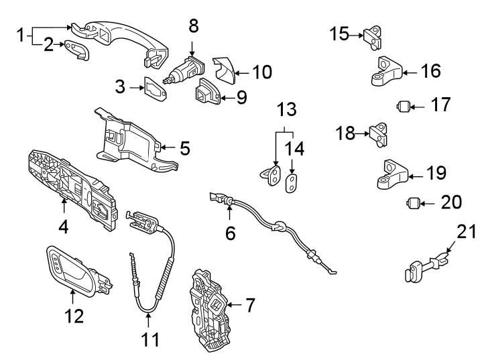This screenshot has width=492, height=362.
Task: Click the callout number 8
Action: tap(193, 27)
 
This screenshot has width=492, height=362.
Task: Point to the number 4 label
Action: tap(63, 227)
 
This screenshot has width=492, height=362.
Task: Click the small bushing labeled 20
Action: tap(413, 202)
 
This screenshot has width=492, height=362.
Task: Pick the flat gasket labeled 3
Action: tap(158, 88)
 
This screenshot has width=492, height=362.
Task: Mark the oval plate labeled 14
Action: tap(292, 184)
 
